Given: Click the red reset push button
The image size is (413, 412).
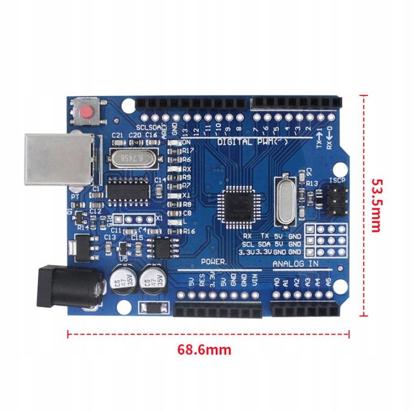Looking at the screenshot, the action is pos(86,112).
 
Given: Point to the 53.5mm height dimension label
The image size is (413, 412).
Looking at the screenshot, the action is pos(376,205).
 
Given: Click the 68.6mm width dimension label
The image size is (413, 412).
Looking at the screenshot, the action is pos(204,350).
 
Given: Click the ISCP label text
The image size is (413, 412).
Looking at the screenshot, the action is pos(337,181).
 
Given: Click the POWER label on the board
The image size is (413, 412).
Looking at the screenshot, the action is pos(214,262).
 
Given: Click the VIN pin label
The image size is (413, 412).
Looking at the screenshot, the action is pos(255,280).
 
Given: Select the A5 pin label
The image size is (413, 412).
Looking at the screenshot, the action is pos(328,281).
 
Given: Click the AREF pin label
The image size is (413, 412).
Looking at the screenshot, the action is pos(164,129).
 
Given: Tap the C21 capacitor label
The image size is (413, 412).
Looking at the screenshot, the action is pos(117,135).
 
